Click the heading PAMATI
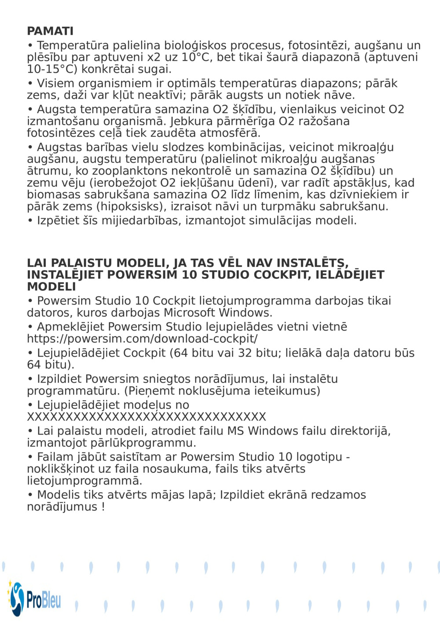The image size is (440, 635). [x=50, y=31]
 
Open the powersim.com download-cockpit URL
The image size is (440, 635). [x=142, y=339]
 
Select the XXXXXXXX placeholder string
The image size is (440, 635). [x=147, y=417]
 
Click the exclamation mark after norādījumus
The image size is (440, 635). [x=103, y=507]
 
